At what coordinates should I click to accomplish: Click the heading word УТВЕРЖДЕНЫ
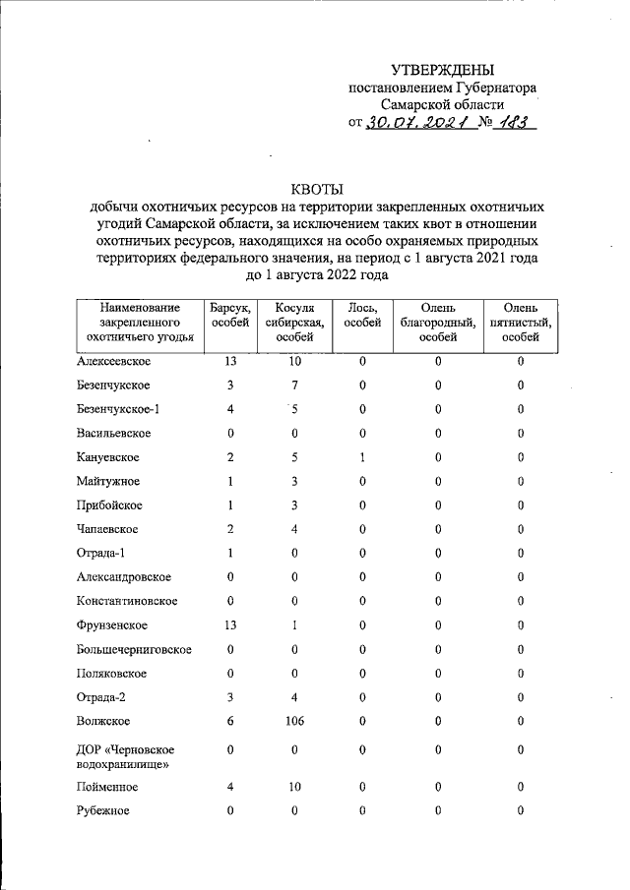point(442,70)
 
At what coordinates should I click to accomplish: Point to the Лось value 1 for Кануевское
point(362,457)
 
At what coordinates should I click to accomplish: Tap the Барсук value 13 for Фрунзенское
point(229,625)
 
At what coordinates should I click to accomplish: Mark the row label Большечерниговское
point(133,649)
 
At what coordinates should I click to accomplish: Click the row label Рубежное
point(102,810)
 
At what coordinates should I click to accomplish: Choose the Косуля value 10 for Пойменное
point(293,787)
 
